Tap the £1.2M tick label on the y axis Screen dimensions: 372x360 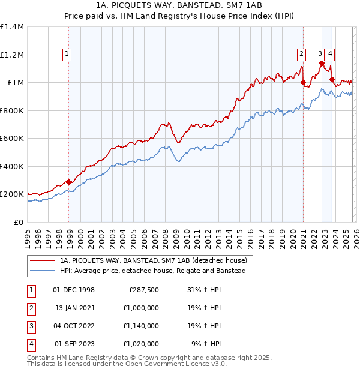[x=11, y=55]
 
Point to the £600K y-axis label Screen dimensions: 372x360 [x=11, y=139]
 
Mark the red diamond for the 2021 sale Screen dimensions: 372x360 [x=303, y=82]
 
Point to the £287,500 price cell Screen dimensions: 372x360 [x=144, y=290]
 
